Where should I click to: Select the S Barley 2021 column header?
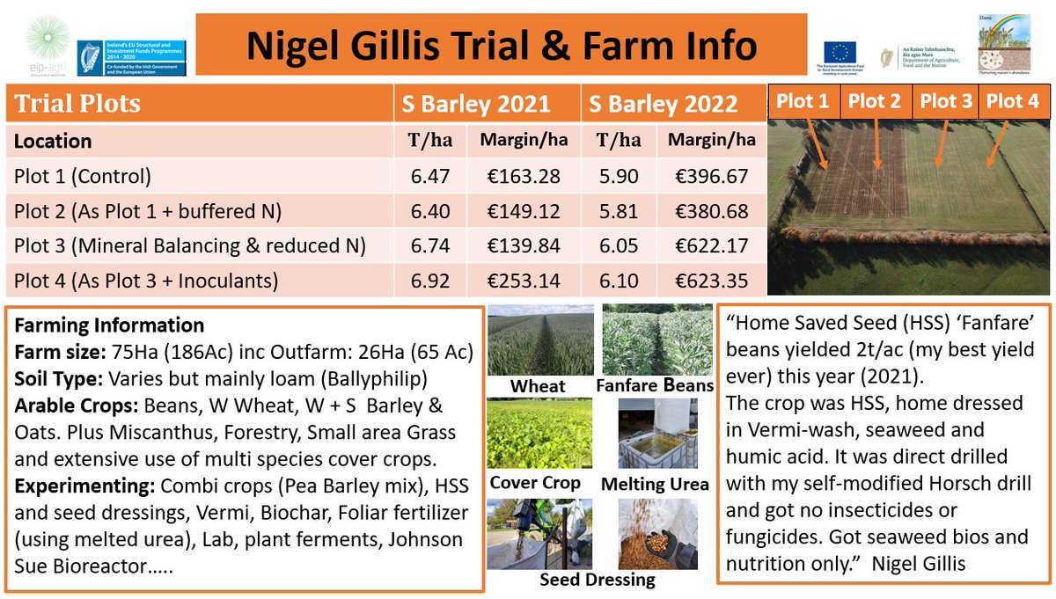coord(476,104)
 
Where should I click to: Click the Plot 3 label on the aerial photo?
coord(946,101)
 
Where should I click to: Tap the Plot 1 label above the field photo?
coord(802,101)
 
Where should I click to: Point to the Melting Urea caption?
coord(654,485)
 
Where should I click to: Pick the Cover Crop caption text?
coord(535,483)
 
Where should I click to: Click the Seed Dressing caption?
coord(598,580)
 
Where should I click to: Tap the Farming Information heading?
coord(109,325)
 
